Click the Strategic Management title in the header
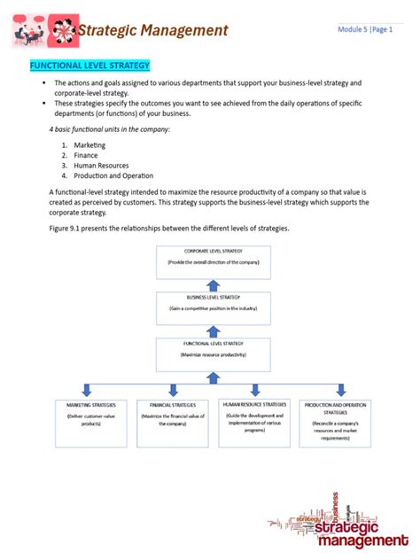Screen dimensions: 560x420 coord(152,31)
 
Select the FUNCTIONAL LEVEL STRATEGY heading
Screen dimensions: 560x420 coord(90,66)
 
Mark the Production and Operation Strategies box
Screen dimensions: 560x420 coord(336,422)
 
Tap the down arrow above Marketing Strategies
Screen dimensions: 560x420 coord(86,390)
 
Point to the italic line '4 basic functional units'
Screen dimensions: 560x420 coord(109,129)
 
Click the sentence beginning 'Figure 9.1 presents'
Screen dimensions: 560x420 coord(168,229)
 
